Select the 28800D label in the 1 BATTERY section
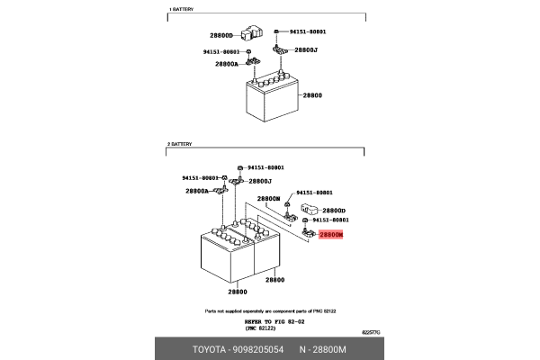tap(221, 36)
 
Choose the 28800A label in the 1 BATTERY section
tap(227, 64)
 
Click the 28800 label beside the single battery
tap(312, 94)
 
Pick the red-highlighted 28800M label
tap(330, 235)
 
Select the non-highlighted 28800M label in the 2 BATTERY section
tap(268, 198)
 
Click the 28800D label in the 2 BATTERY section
tap(334, 210)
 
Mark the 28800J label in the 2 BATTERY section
tap(260, 181)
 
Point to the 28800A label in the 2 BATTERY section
tap(196, 191)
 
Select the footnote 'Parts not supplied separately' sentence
tap(270, 310)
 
